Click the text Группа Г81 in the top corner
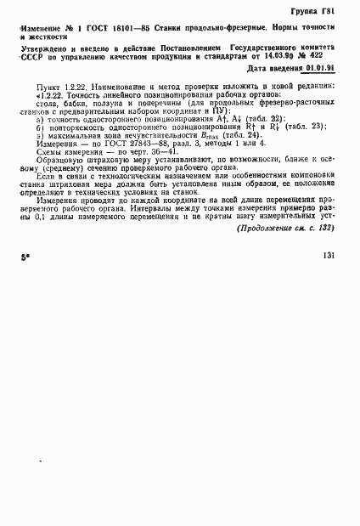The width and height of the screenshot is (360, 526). click(319, 12)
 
